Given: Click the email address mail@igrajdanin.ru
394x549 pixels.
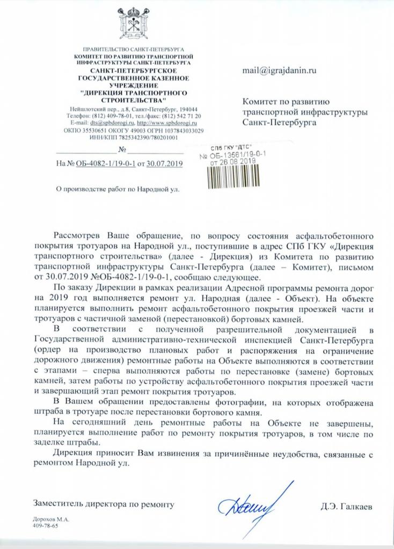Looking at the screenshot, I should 279,70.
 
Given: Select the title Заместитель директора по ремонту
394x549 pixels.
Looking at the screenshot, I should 104,505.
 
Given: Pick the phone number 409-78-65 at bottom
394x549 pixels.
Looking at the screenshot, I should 45,526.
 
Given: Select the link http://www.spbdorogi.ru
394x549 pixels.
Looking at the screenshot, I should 166,123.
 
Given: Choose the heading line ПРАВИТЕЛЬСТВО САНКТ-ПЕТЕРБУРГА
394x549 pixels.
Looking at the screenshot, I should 131,49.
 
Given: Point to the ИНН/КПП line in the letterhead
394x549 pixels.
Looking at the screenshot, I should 131,137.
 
